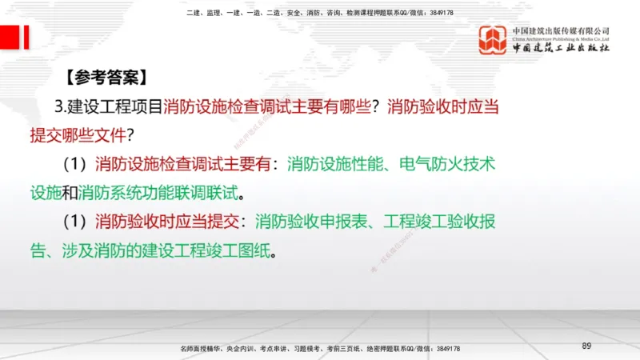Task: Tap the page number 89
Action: (x=586, y=345)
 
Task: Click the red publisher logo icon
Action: (x=493, y=41)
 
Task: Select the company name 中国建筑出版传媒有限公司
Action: (x=561, y=30)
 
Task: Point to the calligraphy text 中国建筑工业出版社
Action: (x=561, y=49)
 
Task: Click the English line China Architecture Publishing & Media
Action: (x=561, y=38)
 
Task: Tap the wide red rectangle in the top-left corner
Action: (x=10, y=37)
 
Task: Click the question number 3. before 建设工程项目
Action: (x=61, y=107)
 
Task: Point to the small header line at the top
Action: (x=320, y=13)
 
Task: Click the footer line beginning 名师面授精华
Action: (x=320, y=349)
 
